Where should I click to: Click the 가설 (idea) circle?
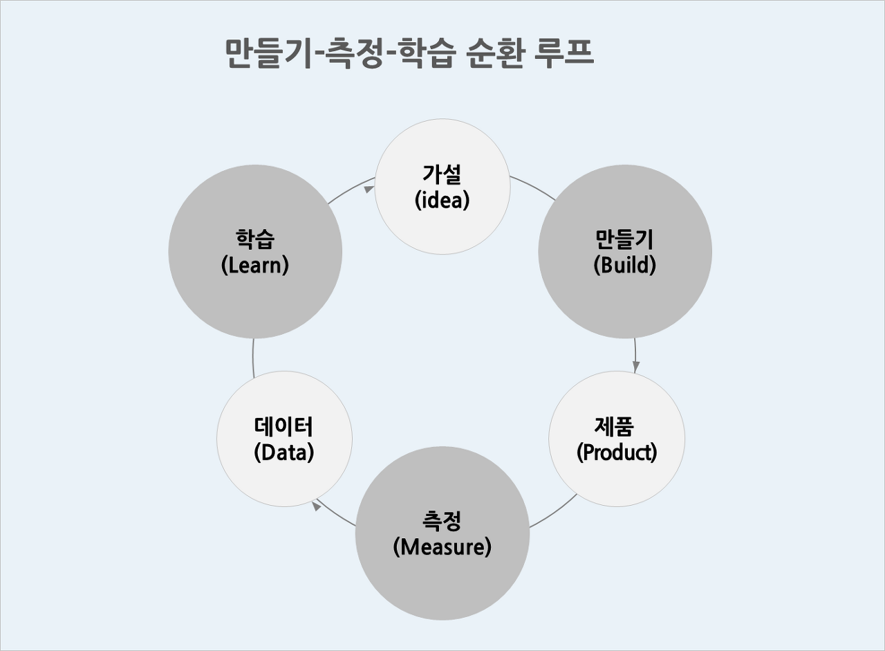(x=442, y=187)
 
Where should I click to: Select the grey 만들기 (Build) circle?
(x=625, y=252)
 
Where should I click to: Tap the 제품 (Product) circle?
(x=617, y=439)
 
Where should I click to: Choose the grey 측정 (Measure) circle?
(x=442, y=533)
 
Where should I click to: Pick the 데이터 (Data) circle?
(x=284, y=439)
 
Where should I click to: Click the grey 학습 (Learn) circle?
(x=255, y=252)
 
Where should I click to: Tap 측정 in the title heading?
(x=352, y=53)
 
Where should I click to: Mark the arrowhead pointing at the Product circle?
(x=636, y=367)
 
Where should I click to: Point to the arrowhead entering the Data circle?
(x=317, y=506)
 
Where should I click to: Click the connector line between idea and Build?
(x=534, y=187)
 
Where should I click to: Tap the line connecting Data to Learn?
(x=254, y=356)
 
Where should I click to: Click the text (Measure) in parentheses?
(x=442, y=547)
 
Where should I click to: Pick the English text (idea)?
(x=442, y=200)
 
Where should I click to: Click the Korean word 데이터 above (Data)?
(x=284, y=425)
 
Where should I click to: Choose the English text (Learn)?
(x=255, y=265)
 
